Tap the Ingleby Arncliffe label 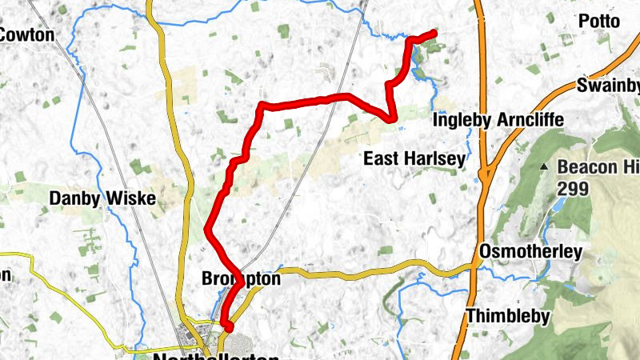[498, 120]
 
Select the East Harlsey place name [414, 159]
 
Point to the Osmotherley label [530, 252]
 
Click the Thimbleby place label [507, 315]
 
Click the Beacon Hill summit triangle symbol [544, 167]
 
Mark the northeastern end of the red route [434, 33]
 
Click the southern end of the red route [228, 327]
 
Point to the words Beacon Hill [597, 167]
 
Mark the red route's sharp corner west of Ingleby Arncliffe [394, 119]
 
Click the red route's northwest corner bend [262, 106]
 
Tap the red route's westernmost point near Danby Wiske [207, 230]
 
